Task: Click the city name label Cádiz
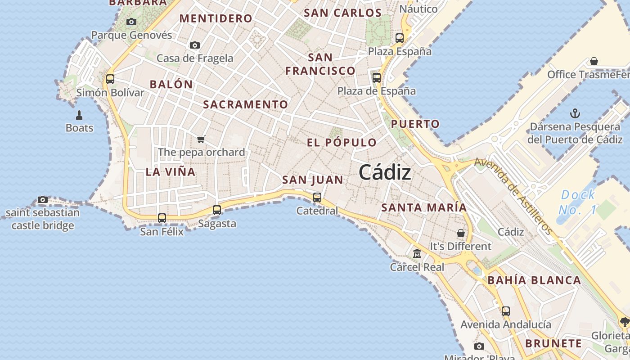(x=385, y=173)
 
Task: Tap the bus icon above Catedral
(x=317, y=197)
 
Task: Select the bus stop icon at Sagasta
(x=217, y=210)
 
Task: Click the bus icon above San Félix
(x=162, y=218)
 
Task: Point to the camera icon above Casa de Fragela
(x=195, y=45)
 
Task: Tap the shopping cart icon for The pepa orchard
(x=201, y=139)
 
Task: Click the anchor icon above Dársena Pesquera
(x=575, y=113)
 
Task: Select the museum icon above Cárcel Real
(x=417, y=254)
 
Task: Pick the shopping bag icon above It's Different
(x=461, y=233)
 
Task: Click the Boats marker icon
(x=79, y=115)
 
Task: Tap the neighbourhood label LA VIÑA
(x=171, y=172)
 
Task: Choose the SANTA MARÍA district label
(x=424, y=208)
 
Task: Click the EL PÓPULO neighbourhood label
(x=342, y=143)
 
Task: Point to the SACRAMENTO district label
(x=245, y=104)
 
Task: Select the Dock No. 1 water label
(x=578, y=202)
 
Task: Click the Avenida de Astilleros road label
(x=513, y=196)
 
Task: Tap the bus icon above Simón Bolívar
(x=110, y=79)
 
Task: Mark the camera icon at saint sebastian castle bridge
(x=43, y=199)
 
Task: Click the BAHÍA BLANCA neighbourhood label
(x=535, y=280)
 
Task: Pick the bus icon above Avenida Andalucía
(x=506, y=311)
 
